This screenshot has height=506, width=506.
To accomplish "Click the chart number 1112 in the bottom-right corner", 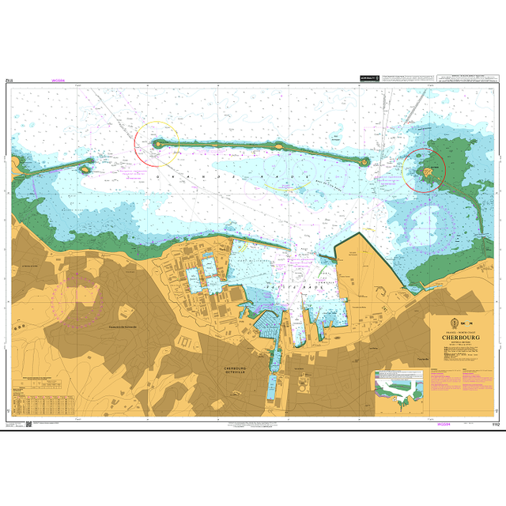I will tap(495, 425).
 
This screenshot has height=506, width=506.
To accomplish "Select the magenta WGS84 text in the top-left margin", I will tap(57, 80).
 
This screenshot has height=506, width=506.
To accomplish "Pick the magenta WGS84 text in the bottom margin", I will tap(444, 425).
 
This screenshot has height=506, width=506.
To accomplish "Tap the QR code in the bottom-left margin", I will tap(29, 425).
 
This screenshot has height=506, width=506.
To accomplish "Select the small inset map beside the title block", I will tap(403, 389).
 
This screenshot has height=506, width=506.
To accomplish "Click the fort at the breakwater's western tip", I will tap(158, 144).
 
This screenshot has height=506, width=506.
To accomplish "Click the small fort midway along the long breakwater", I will tap(279, 145).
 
